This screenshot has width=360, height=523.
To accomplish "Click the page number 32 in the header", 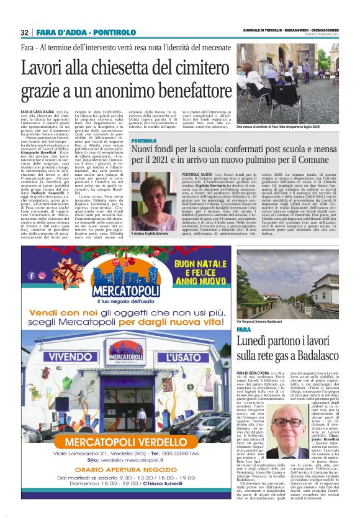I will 24,32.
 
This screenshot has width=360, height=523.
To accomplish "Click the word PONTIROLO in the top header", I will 114,32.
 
